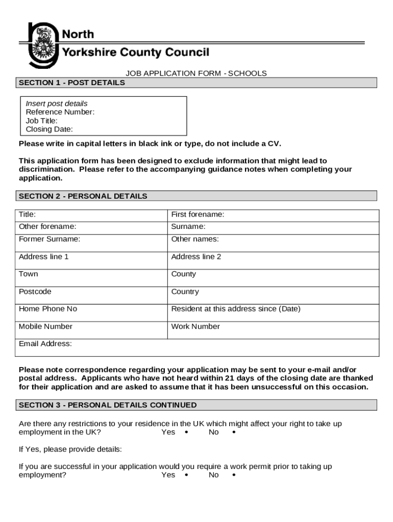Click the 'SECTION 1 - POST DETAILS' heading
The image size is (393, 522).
(x=72, y=83)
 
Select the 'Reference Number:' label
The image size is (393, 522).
(x=60, y=112)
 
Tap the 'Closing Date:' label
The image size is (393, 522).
(x=50, y=129)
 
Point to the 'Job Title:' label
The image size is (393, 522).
(x=42, y=121)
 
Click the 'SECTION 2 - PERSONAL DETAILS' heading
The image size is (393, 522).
(x=83, y=196)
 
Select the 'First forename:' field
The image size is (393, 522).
(x=273, y=215)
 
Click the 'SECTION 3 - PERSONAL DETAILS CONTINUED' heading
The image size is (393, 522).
(x=108, y=405)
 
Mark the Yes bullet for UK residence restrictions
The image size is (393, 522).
(x=186, y=432)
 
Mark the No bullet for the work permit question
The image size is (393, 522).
(x=234, y=475)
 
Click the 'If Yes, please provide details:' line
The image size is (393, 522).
(x=70, y=450)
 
